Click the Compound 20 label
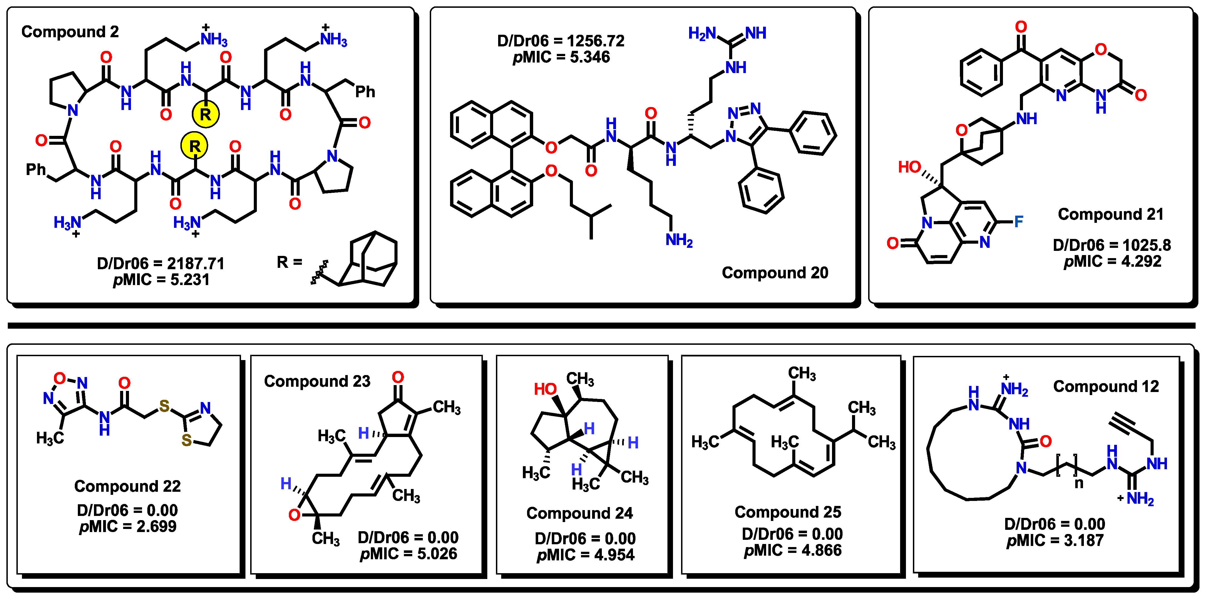tap(775, 273)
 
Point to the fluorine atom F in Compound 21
tap(1019, 221)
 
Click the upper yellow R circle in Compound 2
tap(206, 114)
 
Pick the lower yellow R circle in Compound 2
tap(195, 146)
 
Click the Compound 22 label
tap(127, 486)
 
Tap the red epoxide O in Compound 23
tap(294, 515)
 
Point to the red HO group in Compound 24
tap(545, 389)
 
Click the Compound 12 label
tap(1106, 386)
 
